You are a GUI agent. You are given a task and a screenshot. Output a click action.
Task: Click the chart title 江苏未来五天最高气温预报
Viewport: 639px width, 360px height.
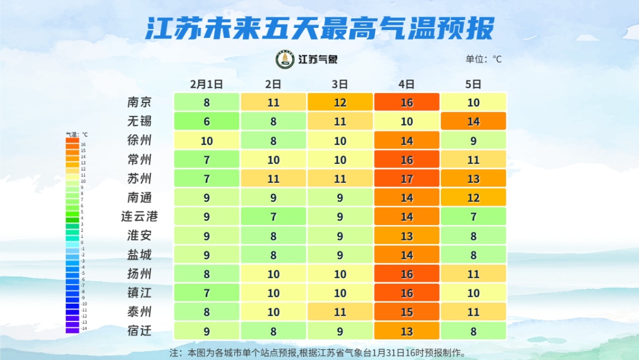coord(319,28)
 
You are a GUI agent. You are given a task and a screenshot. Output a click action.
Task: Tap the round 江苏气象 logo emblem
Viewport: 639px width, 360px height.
coord(285,59)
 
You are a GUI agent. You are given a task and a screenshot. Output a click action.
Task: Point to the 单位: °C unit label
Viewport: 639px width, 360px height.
coord(483,59)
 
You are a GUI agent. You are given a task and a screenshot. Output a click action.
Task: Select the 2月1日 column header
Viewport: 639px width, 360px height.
coord(206,84)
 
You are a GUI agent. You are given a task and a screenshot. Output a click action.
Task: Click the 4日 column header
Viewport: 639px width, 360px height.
coord(406,84)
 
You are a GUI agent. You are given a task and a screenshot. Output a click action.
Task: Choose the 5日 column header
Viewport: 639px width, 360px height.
coord(473,84)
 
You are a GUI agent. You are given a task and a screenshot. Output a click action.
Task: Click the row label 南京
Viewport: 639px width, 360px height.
coord(140,102)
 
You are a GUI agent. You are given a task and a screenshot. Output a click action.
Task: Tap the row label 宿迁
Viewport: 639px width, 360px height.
coord(140,331)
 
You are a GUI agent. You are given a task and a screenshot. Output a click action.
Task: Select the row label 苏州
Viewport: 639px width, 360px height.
coord(140,179)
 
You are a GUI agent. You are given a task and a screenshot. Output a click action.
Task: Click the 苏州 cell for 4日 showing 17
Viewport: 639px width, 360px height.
coord(406,179)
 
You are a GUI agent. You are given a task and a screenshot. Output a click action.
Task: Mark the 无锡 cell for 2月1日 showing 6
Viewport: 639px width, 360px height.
coord(206,121)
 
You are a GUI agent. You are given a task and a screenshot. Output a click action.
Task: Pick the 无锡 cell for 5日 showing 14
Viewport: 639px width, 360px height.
coord(473,121)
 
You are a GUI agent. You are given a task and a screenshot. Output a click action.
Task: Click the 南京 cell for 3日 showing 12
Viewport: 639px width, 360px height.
coord(340,102)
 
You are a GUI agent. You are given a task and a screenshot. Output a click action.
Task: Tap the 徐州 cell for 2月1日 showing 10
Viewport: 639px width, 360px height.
coord(206,141)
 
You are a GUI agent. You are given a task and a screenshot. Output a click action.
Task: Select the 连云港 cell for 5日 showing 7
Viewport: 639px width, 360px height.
coord(473,217)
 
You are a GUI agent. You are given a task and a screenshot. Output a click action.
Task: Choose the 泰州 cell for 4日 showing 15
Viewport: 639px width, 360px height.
coord(406,312)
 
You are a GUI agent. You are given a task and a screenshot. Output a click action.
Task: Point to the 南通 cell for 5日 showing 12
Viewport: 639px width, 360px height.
coord(473,198)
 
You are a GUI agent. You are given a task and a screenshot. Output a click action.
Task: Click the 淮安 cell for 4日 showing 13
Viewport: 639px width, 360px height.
coord(406,236)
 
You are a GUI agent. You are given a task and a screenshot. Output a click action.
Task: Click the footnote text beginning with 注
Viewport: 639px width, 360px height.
coord(318,352)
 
